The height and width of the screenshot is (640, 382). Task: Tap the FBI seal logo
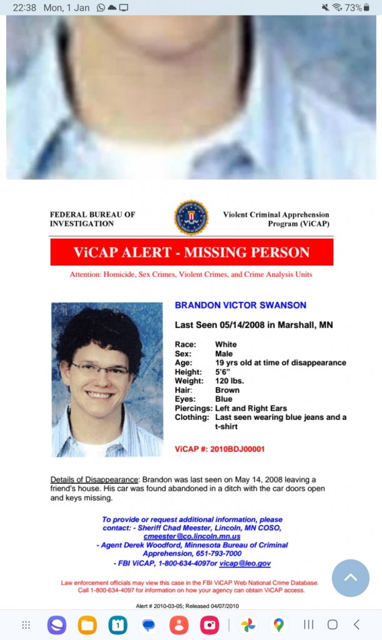coord(191,217)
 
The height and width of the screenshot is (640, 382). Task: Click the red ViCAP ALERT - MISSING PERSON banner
coord(192,252)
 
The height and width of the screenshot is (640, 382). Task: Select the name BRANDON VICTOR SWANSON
coord(240,306)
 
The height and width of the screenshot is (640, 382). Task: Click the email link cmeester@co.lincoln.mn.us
coord(192,536)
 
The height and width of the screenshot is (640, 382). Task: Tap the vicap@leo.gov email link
coord(245,563)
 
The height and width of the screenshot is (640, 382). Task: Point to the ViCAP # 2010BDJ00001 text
coord(220,449)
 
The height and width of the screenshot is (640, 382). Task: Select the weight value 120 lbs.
coord(228,381)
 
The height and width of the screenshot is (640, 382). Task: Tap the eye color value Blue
coord(223,399)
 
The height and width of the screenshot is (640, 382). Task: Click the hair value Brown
coord(227,390)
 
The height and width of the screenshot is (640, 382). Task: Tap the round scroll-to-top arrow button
coord(351,578)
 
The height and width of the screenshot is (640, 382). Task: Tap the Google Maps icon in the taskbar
coord(278,624)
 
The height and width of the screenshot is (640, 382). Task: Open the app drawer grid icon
coord(26,624)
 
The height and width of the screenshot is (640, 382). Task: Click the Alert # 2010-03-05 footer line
coord(187,606)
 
